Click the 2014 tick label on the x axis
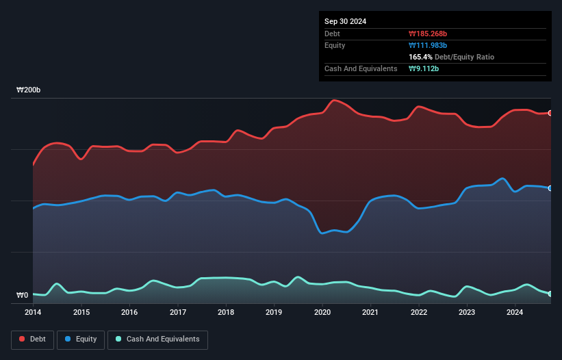coord(33,312)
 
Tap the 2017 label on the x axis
coord(178,312)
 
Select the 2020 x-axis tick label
coord(322,312)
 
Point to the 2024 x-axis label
coord(515,312)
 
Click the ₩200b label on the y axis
coord(29,90)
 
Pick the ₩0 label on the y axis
coord(22,296)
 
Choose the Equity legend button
coord(81,339)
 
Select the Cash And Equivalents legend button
coord(157,339)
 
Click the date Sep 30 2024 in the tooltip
coord(346,21)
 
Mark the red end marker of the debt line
coord(550,113)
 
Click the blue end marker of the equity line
coord(550,188)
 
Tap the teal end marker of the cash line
coord(550,294)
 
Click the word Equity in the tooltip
coord(335,45)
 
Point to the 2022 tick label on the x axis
coord(419,312)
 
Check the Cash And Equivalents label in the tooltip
coord(361,68)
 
